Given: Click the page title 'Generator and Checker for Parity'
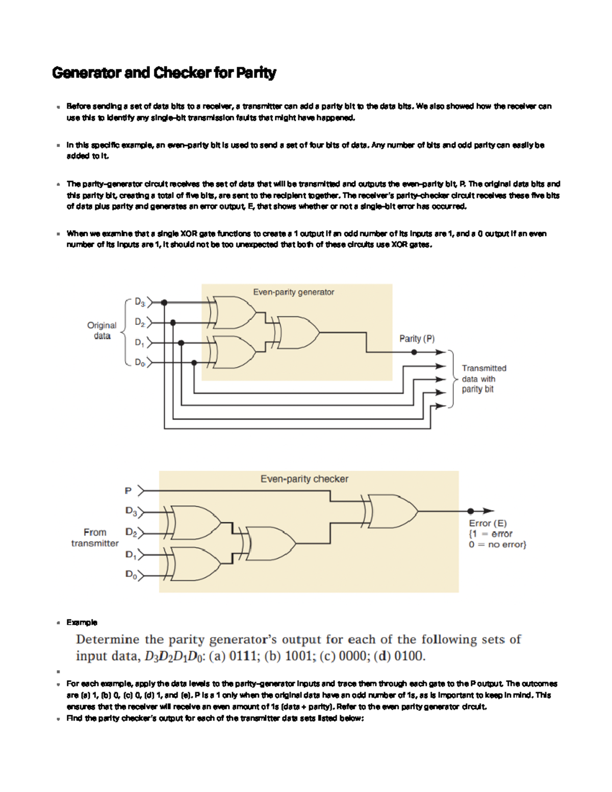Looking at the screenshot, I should click(x=164, y=73).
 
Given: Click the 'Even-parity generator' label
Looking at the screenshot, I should click(x=293, y=292).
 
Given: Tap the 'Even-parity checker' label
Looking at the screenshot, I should click(x=304, y=479).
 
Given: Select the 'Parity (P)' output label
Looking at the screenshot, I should click(x=417, y=339).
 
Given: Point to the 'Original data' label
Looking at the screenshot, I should click(x=101, y=330).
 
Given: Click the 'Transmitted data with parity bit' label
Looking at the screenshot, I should click(x=483, y=378).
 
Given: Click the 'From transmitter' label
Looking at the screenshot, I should click(x=95, y=538).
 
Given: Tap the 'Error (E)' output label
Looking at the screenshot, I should click(x=488, y=523).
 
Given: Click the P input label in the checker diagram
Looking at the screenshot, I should click(x=128, y=491).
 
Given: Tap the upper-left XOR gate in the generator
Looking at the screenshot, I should click(x=235, y=312).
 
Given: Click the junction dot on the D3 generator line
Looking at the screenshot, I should click(x=164, y=303).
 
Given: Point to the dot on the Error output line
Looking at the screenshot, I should click(x=470, y=511).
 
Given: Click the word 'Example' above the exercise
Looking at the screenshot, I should click(x=82, y=622).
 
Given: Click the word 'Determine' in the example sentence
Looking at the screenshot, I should click(x=108, y=640).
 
